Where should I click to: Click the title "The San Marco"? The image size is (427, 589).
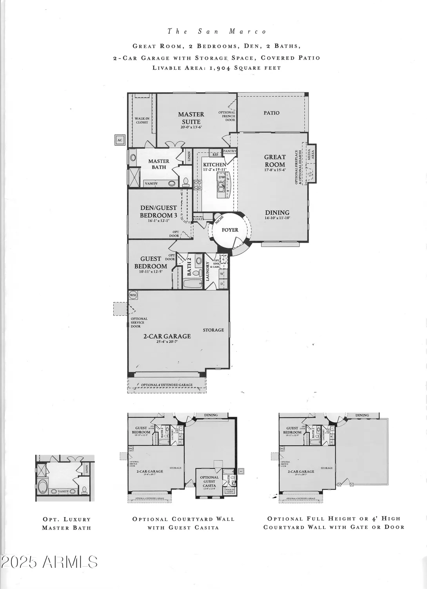217,31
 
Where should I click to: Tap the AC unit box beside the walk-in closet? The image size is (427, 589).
120,140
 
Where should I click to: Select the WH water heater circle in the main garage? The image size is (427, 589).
133,294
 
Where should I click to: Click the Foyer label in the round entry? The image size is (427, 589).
230,230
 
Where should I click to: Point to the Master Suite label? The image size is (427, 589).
191,118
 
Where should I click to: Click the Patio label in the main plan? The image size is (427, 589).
271,113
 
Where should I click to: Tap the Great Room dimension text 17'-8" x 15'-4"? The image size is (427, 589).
275,170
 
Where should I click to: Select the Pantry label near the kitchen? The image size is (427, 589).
229,151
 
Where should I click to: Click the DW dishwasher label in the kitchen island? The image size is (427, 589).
222,177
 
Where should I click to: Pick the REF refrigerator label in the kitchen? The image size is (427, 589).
215,154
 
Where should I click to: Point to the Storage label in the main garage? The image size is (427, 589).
213,330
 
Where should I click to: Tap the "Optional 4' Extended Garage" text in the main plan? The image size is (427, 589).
167,385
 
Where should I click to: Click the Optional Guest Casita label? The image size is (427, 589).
209,481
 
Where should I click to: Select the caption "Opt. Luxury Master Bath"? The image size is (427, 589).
66,523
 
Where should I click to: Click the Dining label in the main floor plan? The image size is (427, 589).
277,212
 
